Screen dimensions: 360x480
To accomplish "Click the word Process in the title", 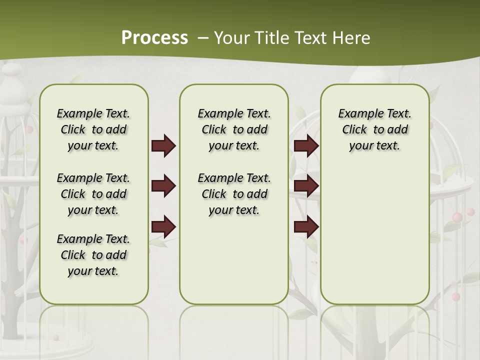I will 154,38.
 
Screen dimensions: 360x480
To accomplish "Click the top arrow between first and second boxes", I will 163,146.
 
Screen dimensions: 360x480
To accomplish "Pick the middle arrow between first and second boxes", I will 163,186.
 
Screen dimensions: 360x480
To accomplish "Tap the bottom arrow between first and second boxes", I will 163,227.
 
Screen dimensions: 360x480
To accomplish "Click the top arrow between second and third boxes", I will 306,146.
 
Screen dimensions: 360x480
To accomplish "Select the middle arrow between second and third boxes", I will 306,186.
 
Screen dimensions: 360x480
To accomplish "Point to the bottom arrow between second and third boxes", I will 306,227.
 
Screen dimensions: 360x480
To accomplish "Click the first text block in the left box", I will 93,129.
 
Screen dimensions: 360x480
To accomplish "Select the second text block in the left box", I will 93,194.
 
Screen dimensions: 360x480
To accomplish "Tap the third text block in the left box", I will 93,255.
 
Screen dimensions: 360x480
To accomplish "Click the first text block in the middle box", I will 234,129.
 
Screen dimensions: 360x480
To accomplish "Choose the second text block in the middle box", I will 234,194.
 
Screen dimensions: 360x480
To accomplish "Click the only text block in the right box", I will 374,129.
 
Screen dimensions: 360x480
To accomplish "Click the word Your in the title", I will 231,38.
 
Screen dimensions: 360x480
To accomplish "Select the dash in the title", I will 203,38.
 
